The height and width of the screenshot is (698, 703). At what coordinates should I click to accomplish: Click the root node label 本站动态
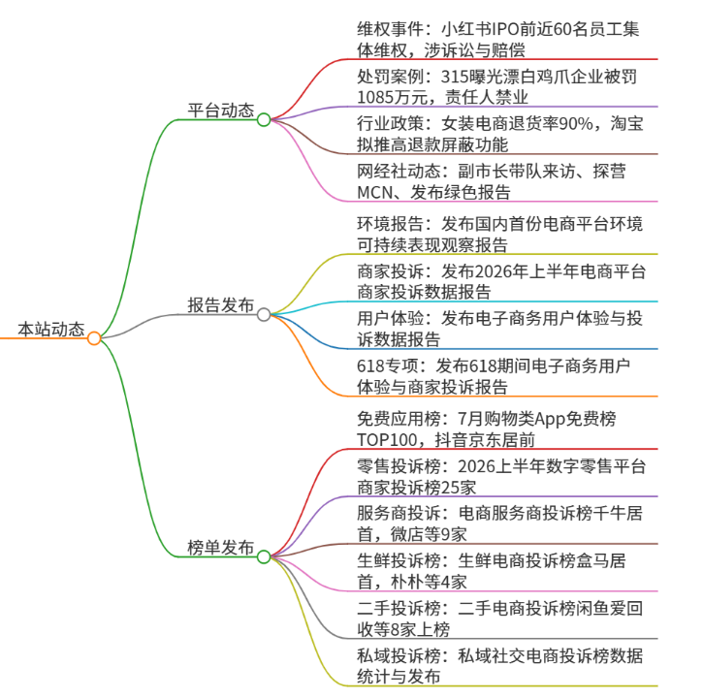click(51, 329)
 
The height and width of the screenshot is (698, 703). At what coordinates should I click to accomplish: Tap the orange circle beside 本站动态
click(94, 338)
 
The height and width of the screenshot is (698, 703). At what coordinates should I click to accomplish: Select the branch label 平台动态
click(220, 111)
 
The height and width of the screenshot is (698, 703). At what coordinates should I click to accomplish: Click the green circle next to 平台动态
click(264, 119)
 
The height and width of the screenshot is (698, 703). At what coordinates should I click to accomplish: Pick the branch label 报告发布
click(220, 305)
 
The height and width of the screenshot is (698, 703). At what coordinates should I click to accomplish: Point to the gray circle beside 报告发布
click(264, 315)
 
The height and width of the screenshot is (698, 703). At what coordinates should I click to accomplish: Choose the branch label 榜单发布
click(220, 548)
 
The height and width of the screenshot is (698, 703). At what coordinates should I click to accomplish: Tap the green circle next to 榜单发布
click(264, 556)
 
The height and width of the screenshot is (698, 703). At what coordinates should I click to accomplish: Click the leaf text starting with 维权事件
click(498, 40)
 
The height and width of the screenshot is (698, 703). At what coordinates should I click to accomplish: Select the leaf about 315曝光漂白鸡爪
click(496, 87)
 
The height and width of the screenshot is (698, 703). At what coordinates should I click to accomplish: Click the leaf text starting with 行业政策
click(500, 134)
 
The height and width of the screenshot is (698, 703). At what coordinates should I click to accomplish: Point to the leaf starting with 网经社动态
click(492, 181)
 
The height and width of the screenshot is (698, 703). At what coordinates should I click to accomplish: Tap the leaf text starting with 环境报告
click(500, 234)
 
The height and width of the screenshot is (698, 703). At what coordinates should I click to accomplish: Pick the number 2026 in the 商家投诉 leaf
click(493, 271)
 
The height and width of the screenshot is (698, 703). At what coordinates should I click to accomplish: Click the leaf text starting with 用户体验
click(500, 329)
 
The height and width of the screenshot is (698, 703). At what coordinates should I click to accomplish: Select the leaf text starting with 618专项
click(494, 376)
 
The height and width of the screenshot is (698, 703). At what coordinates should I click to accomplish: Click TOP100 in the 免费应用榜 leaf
click(387, 440)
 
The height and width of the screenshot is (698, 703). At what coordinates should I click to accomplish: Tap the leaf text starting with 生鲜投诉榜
click(492, 572)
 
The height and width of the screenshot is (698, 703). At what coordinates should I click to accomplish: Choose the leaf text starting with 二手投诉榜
click(500, 619)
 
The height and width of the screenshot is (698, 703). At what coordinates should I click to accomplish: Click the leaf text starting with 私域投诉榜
click(500, 666)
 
